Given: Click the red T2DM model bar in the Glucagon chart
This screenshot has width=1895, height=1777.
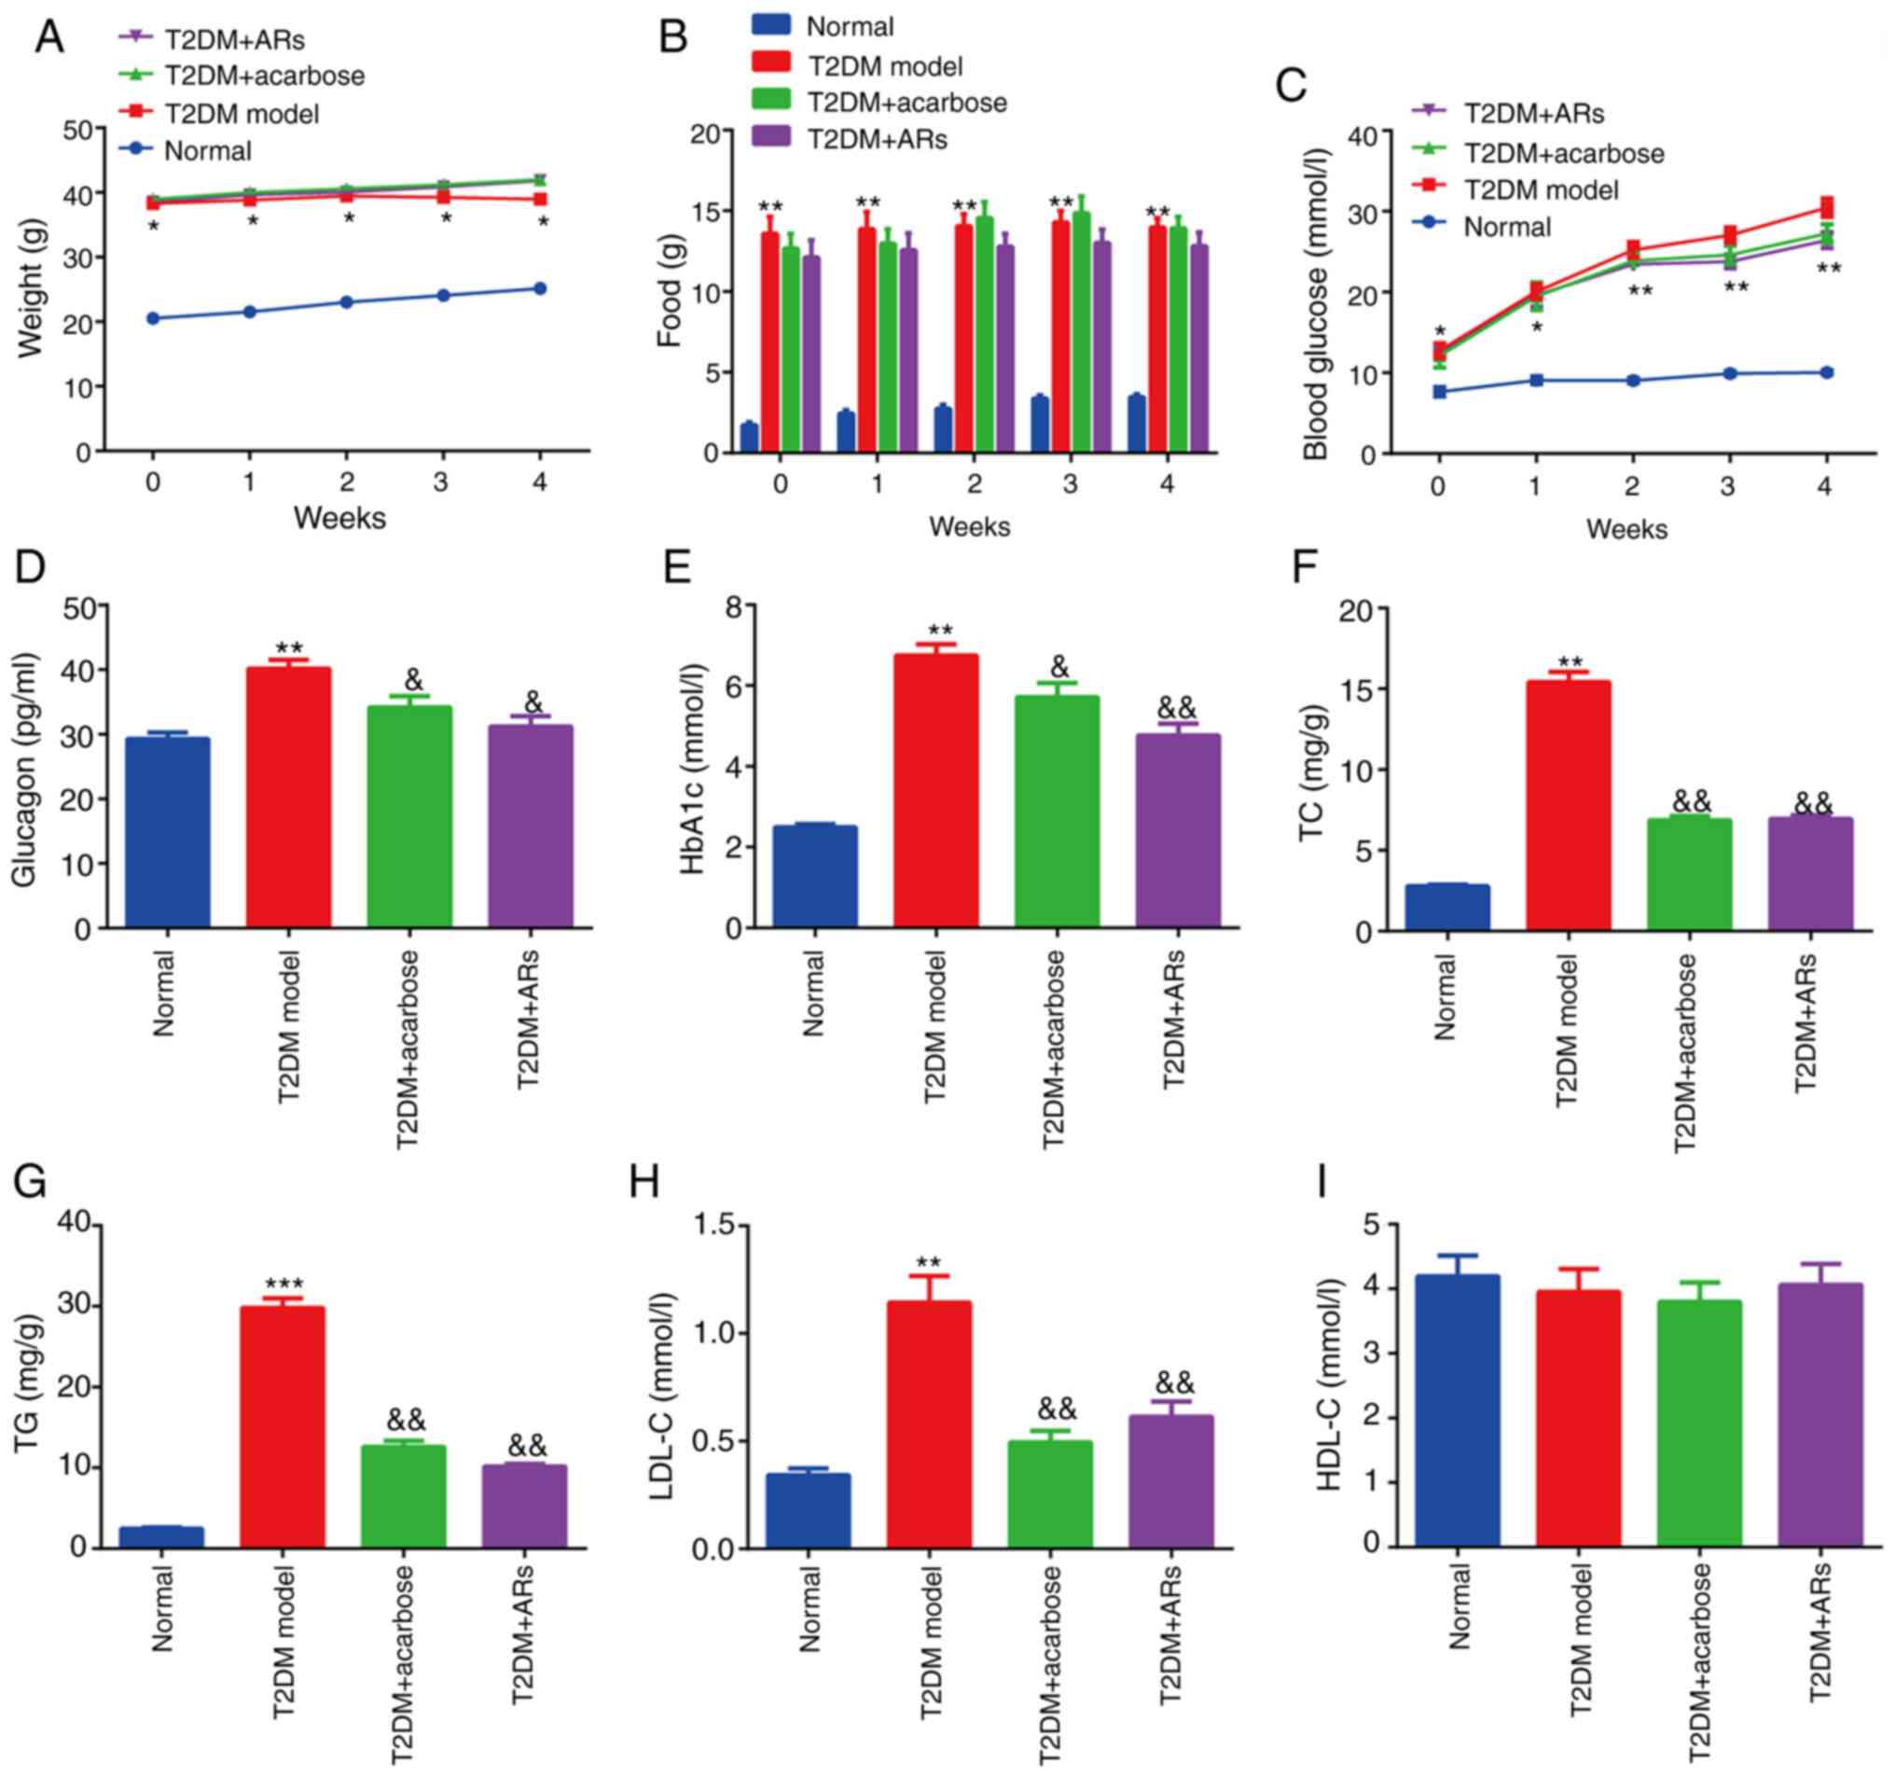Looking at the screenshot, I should [x=289, y=797].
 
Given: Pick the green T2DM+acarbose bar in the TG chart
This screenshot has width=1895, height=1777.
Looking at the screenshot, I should [x=403, y=1496].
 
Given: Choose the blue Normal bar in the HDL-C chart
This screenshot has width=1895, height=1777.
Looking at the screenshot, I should [x=1458, y=1410].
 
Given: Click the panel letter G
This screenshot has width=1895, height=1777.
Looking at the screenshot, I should [x=31, y=1183].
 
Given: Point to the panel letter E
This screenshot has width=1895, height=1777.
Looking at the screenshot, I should [x=677, y=569].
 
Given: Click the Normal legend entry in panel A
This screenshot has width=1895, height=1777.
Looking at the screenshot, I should [x=207, y=150].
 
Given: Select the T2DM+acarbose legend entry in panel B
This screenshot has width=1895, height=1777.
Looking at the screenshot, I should [x=906, y=102].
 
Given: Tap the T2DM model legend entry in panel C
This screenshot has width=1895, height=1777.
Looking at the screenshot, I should [x=1541, y=189].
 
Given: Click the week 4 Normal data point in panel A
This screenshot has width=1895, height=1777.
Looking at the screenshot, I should [x=540, y=288].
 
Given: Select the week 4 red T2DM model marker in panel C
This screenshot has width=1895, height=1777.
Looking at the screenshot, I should [x=1826, y=207].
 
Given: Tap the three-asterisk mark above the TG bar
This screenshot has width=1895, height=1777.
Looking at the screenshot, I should [x=284, y=1284].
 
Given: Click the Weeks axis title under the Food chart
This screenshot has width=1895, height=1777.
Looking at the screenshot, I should [x=970, y=526].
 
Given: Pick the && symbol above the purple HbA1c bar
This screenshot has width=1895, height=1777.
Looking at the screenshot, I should [x=1177, y=707].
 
